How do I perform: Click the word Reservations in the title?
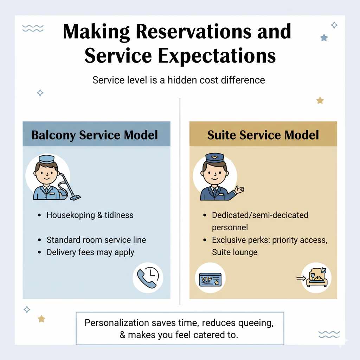coord(194,32)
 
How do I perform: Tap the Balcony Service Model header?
coord(95,135)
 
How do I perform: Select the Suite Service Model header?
coord(263,135)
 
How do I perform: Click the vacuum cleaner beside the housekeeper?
coord(69,186)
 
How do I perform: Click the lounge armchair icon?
coord(316,278)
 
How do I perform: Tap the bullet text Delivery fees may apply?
coord(90,252)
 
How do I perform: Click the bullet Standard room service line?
coord(96,240)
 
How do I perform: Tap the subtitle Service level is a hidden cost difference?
coord(179,80)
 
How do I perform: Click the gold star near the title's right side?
coord(320,101)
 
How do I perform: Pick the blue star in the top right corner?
coord(323,38)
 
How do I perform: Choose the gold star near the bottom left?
coord(41,319)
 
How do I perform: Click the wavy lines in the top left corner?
coord(33,28)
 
